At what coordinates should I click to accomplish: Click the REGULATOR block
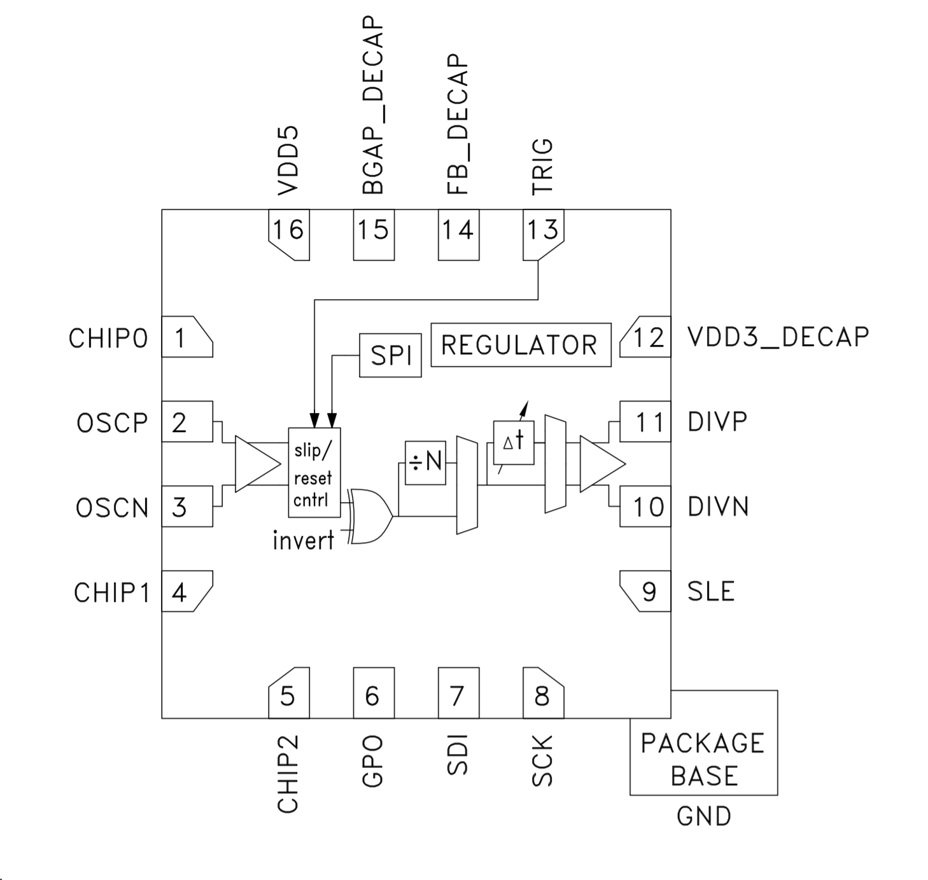click(520, 345)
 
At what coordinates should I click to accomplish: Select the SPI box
click(390, 354)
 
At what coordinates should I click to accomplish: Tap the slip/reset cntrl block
click(314, 472)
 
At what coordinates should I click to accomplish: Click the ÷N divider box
click(425, 462)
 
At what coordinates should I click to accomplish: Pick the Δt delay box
click(514, 442)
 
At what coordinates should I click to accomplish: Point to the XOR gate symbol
click(371, 516)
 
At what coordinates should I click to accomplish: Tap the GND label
click(703, 816)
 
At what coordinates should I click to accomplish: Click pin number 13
click(542, 230)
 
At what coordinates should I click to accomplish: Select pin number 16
click(288, 230)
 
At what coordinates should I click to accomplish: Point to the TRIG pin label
click(542, 166)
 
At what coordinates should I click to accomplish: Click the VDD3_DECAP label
click(778, 337)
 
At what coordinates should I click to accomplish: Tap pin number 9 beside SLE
click(649, 592)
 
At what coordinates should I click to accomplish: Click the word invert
click(303, 540)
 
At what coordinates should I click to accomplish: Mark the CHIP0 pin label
click(108, 339)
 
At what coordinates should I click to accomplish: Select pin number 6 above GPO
click(372, 696)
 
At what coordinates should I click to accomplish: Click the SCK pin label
click(542, 761)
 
